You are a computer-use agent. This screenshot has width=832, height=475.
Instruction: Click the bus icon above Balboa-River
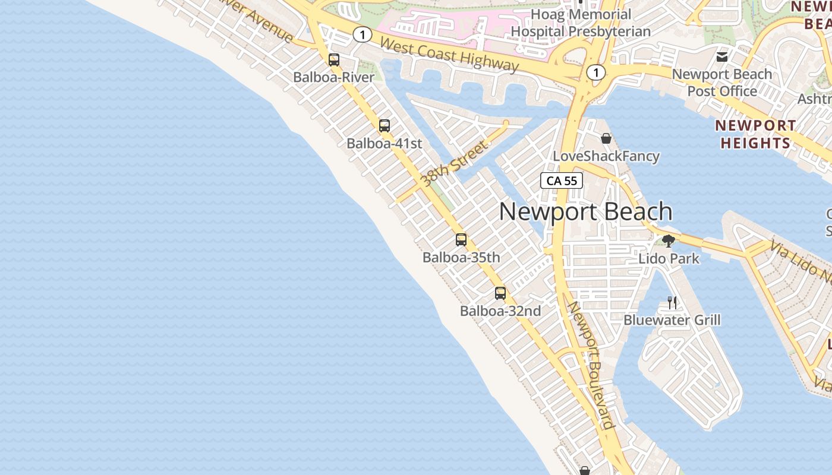point(334,60)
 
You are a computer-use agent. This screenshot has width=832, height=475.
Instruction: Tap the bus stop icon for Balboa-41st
point(385,126)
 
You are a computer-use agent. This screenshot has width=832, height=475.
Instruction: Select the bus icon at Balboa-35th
point(461,240)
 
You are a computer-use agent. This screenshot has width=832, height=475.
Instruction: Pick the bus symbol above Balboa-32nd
point(500,293)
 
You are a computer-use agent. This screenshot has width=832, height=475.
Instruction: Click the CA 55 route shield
point(562,181)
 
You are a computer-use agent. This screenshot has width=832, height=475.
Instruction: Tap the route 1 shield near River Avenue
point(362,35)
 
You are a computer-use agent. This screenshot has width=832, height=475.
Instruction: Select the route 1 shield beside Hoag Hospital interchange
point(595,72)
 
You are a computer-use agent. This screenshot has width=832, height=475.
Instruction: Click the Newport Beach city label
point(585,212)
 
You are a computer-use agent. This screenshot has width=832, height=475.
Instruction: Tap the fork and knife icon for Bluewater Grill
point(672,303)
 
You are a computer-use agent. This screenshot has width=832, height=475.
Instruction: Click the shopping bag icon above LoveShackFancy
point(606,138)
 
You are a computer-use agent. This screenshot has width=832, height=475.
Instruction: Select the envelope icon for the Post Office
point(722,57)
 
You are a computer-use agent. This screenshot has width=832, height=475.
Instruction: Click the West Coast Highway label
point(449,55)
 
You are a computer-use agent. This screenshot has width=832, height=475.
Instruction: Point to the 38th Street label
point(453,163)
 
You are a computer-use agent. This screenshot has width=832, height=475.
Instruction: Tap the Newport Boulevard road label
point(590,365)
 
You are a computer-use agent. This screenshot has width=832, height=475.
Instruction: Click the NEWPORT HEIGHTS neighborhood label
point(755,134)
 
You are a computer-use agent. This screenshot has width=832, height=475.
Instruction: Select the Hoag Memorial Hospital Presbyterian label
point(581,23)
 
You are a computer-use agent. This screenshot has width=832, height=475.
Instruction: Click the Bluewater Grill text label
point(672,320)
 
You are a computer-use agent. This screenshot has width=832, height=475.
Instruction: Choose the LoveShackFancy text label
point(606,156)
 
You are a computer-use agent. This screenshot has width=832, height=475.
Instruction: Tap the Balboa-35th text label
point(461,258)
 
